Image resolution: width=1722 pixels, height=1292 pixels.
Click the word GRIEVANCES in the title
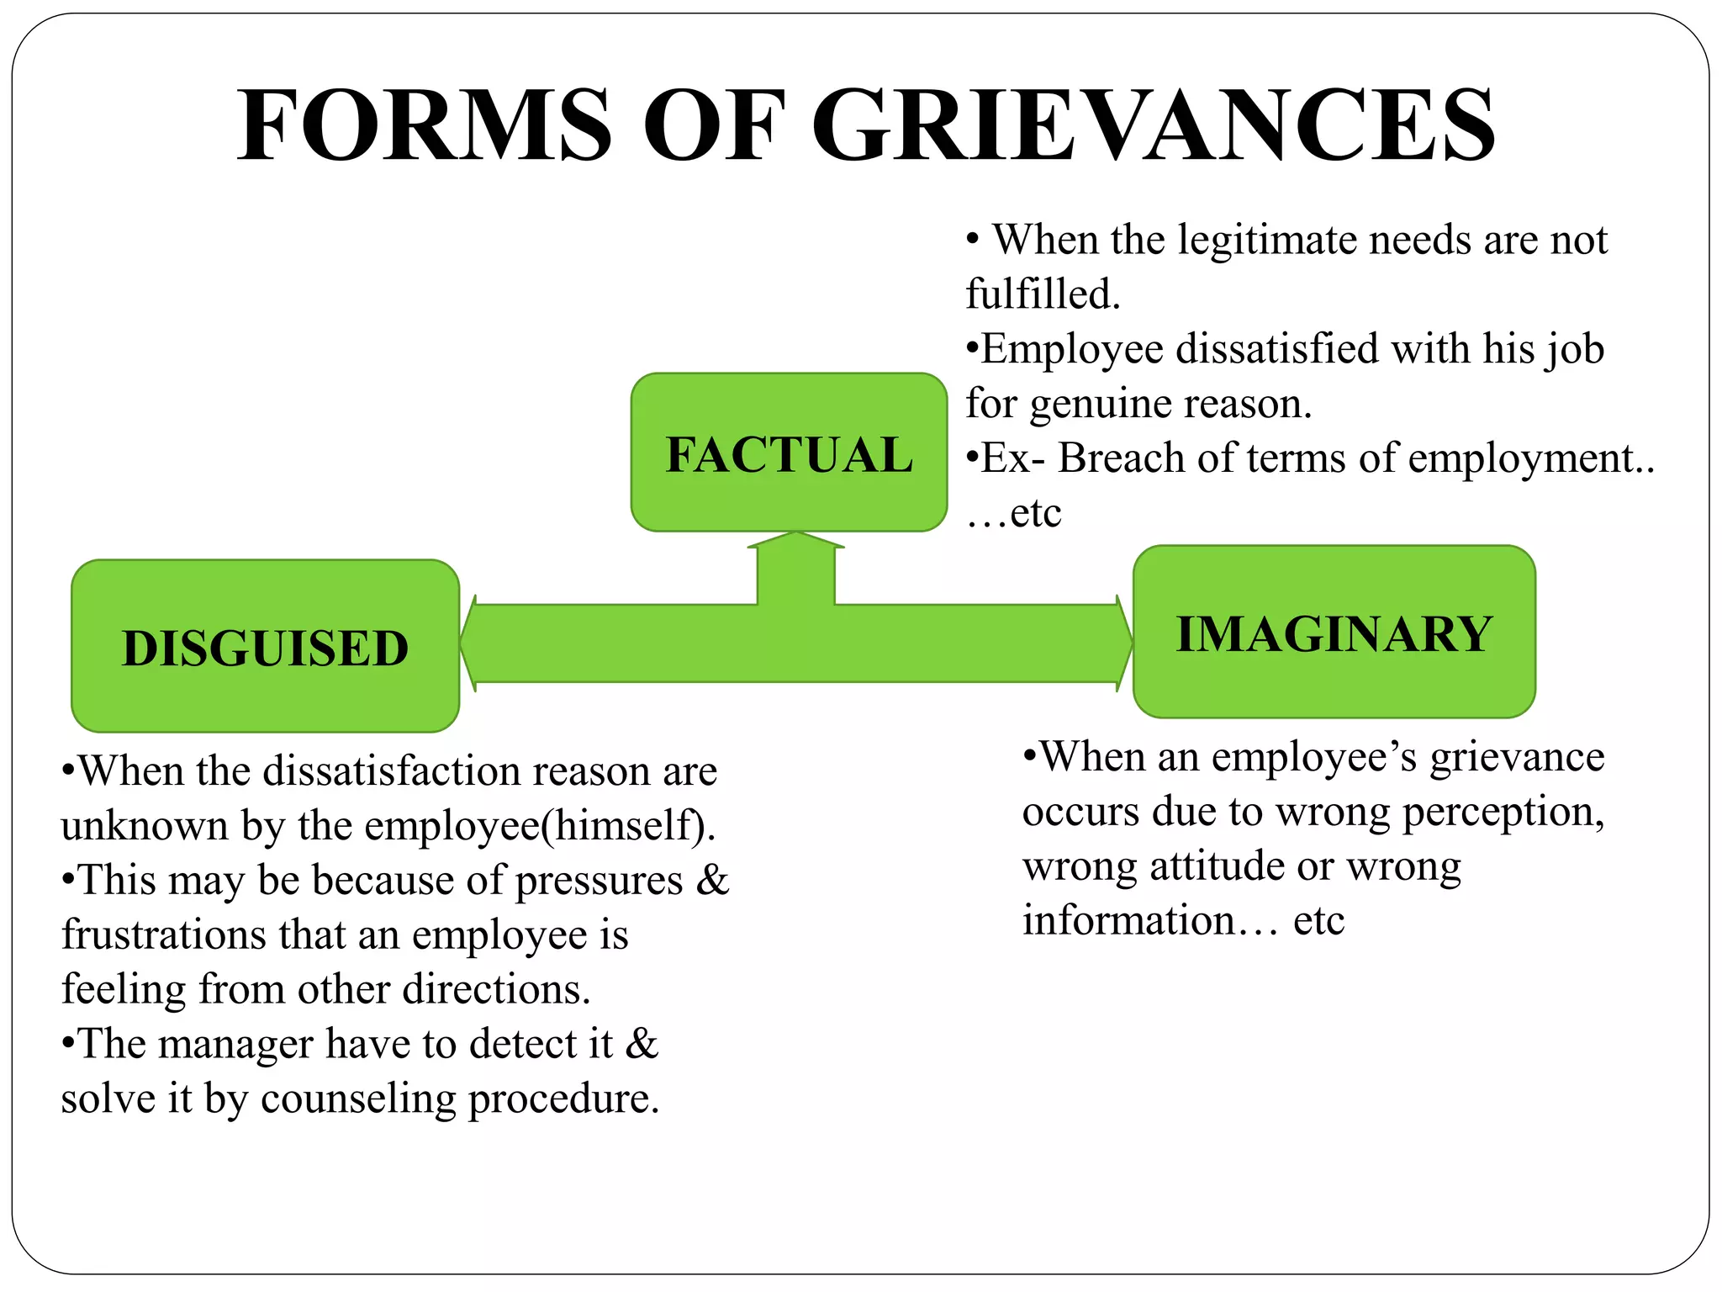[1154, 126]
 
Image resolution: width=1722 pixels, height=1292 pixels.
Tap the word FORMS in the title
[425, 126]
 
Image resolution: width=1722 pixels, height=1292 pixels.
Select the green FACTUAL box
[789, 453]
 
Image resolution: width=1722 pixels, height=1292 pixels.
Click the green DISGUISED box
[265, 647]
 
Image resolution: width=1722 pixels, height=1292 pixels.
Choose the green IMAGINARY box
[1334, 633]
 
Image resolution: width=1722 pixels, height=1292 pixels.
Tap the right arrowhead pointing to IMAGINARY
[1123, 643]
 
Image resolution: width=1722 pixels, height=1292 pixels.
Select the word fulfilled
[1043, 294]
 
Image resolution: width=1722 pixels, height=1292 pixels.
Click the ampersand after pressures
[712, 881]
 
